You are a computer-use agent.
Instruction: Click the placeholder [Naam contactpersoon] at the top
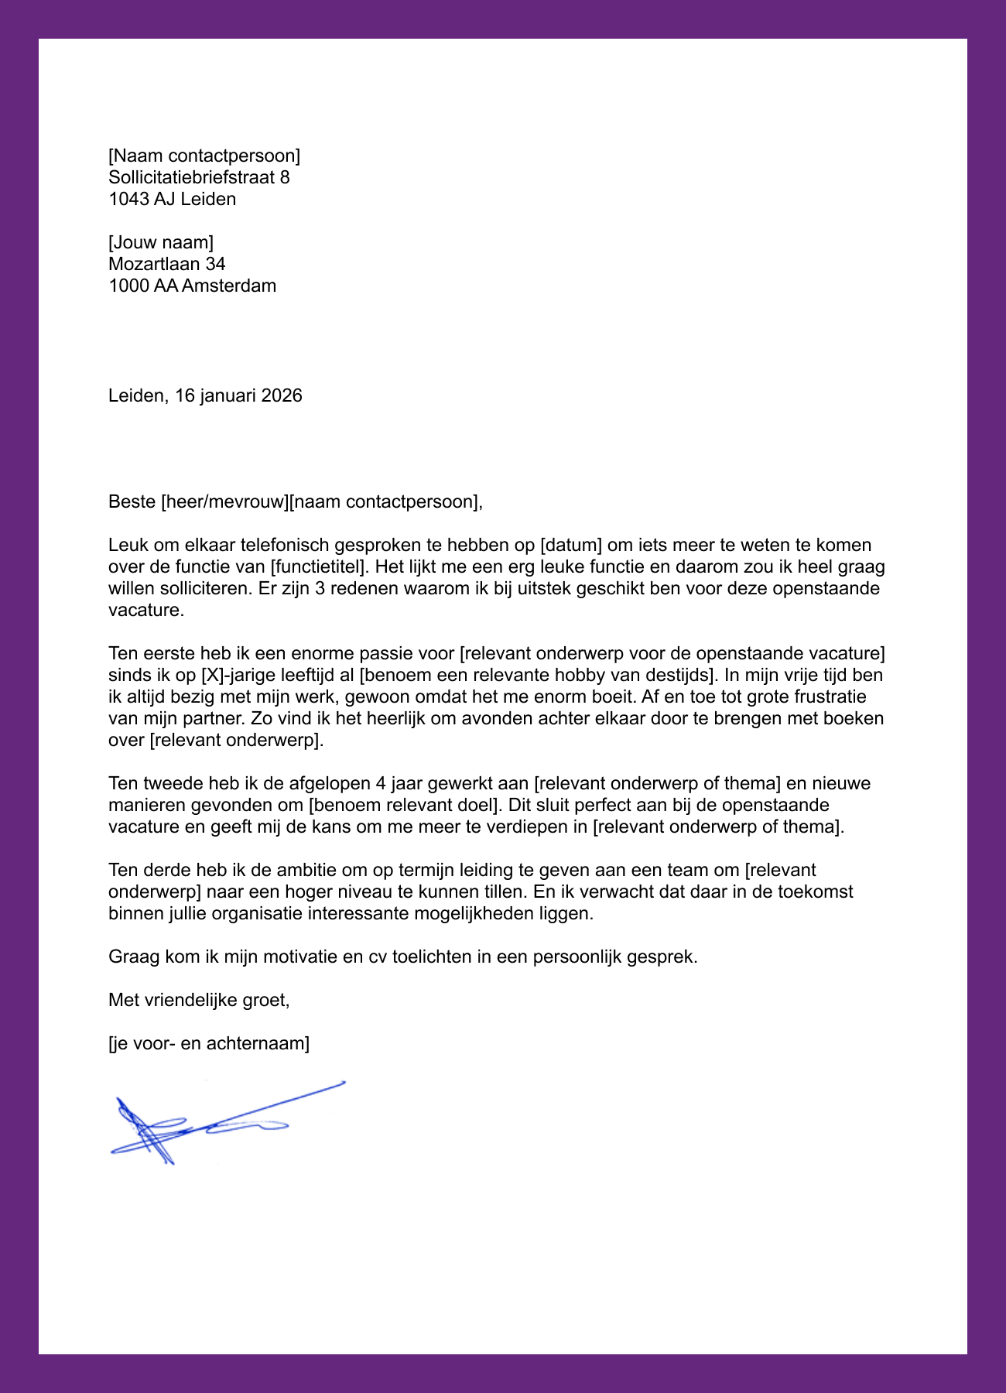[x=204, y=156]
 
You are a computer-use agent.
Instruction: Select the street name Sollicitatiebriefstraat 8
[x=199, y=177]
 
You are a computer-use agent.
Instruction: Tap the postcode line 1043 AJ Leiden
[x=172, y=199]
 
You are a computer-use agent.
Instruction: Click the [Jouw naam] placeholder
[x=161, y=242]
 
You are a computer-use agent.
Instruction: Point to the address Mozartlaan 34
[x=166, y=264]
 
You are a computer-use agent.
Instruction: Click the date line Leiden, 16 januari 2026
[x=205, y=395]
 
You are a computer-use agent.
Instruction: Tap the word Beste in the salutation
[x=132, y=501]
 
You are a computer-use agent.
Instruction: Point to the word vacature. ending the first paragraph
[x=146, y=610]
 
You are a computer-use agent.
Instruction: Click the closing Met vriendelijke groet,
[x=199, y=1000]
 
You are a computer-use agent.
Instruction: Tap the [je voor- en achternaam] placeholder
[x=209, y=1043]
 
